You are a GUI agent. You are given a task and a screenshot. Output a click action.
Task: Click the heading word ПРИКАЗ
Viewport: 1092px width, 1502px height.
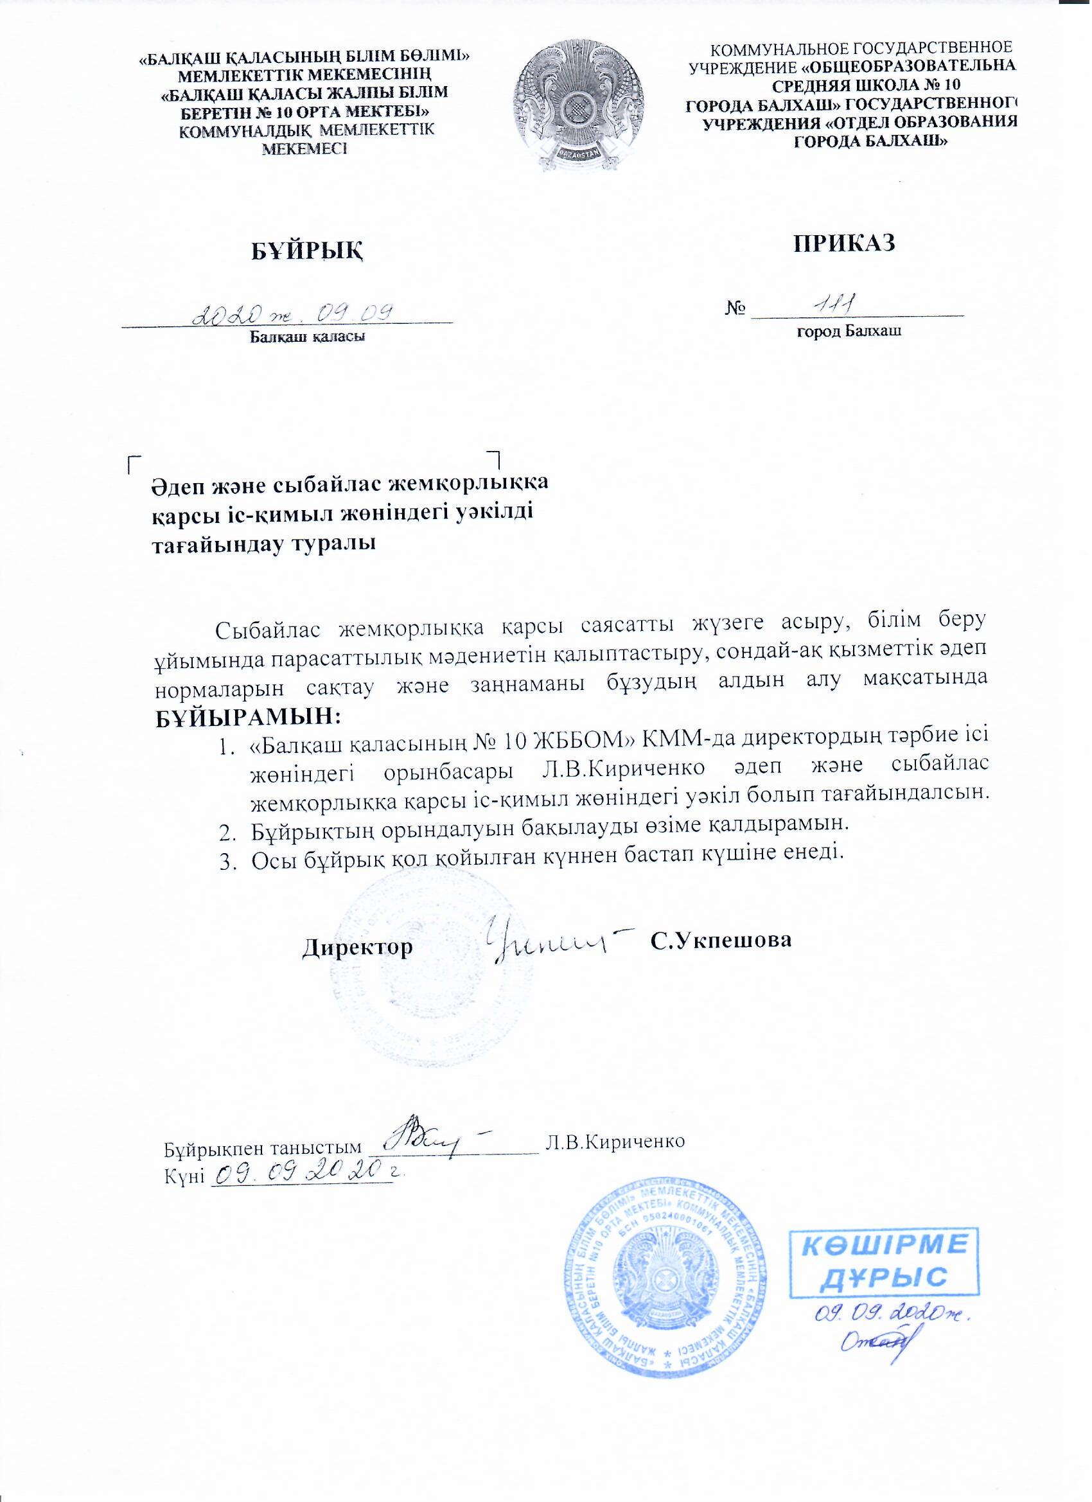coord(845,242)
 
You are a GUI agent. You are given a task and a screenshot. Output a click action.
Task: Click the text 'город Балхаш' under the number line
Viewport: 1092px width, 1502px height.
coord(849,331)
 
